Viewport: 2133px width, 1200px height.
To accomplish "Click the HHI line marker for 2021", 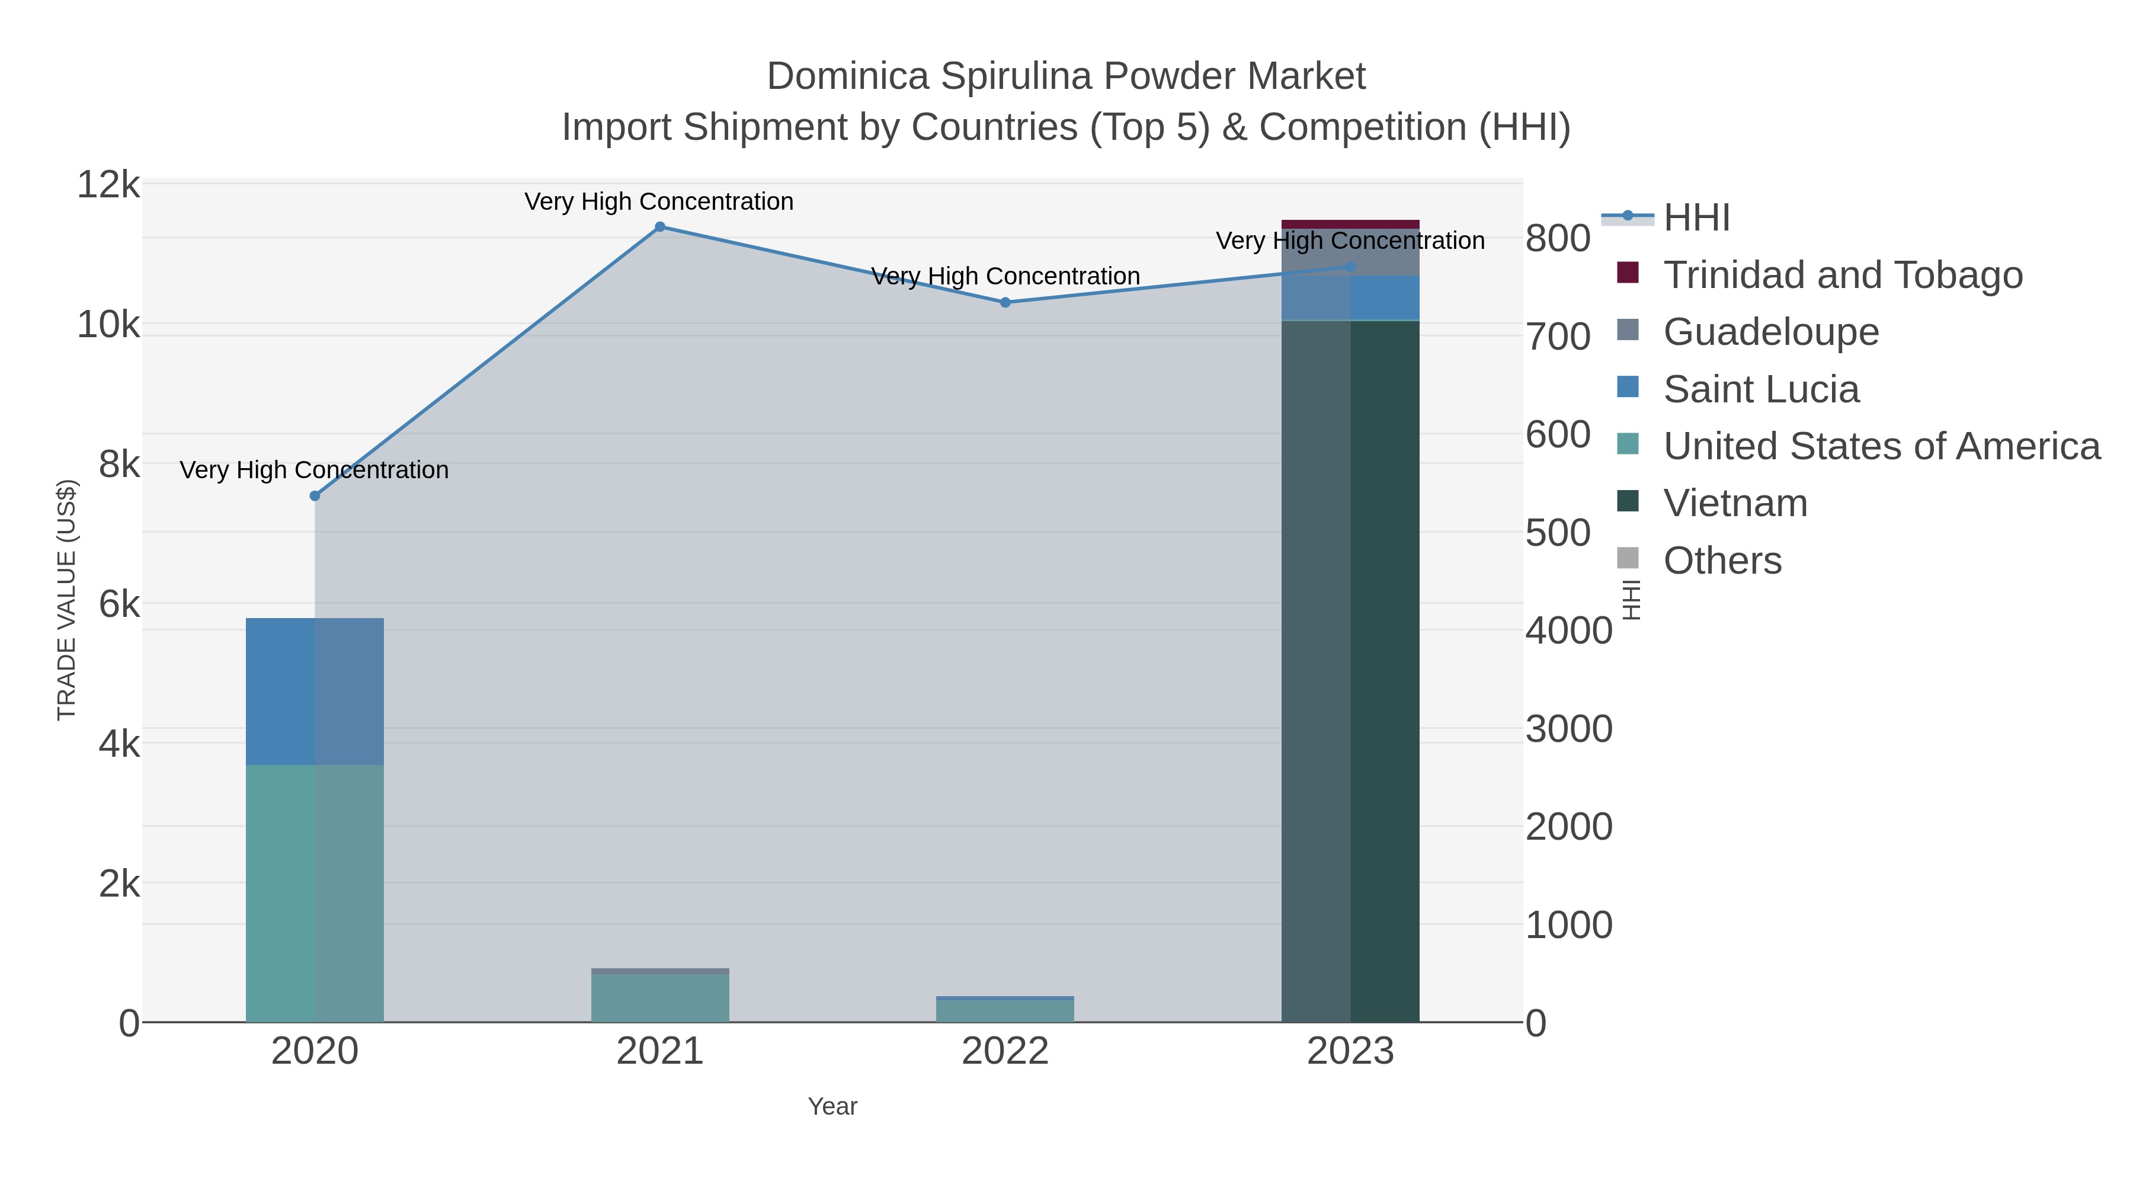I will (x=660, y=227).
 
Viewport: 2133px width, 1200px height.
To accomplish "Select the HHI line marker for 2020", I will (x=315, y=496).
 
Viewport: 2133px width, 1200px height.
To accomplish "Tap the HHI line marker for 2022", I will (x=1005, y=303).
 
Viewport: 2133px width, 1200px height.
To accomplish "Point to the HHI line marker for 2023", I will (x=1350, y=267).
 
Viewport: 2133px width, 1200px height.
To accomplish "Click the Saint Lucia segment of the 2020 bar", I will (x=315, y=692).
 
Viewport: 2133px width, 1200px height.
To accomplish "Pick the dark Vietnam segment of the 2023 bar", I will (x=1350, y=671).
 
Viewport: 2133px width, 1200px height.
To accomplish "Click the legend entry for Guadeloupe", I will (x=1770, y=332).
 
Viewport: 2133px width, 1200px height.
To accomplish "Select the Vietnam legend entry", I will (x=1735, y=504).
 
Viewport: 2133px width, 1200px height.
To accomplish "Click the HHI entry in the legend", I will (x=1696, y=218).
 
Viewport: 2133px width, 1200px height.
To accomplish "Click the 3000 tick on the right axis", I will (x=1568, y=729).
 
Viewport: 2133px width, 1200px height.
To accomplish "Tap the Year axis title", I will (x=832, y=1106).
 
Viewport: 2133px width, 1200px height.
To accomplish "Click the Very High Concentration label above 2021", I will (x=659, y=202).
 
